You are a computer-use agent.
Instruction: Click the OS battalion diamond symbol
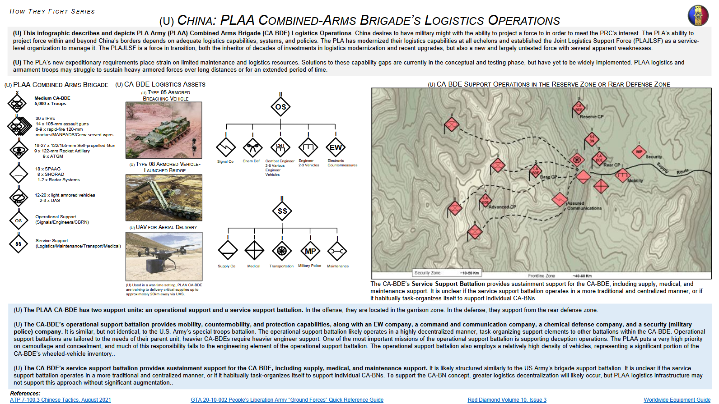click(280, 107)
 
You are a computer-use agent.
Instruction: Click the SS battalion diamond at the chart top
click(282, 211)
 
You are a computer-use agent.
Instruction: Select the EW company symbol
click(336, 147)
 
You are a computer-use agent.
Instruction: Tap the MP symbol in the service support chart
click(310, 251)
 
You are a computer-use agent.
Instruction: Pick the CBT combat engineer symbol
click(280, 147)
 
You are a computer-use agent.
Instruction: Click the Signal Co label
click(225, 161)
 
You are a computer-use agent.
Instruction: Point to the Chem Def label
click(251, 161)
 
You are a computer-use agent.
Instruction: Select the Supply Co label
click(226, 266)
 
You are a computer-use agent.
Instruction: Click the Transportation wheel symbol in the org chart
click(282, 251)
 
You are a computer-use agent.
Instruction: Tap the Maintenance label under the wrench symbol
click(338, 266)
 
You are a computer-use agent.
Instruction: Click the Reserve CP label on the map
click(592, 117)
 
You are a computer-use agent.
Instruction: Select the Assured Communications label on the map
click(584, 206)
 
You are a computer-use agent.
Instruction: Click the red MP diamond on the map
click(639, 152)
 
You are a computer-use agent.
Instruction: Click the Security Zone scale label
click(427, 273)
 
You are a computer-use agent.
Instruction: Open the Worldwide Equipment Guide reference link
click(677, 400)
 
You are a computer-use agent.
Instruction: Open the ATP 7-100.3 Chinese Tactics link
click(61, 400)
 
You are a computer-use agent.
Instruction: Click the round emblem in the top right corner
click(698, 15)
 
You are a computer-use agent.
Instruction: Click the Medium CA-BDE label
click(52, 98)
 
